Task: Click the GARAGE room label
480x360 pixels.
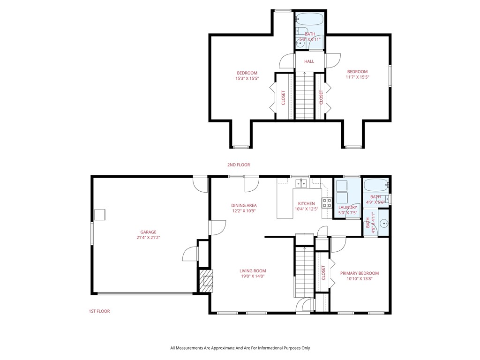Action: (148, 232)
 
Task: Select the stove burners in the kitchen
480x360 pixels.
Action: (327, 203)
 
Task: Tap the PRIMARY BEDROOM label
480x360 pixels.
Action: (360, 273)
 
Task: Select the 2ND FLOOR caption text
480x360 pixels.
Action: (239, 165)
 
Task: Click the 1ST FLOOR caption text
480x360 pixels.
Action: (99, 311)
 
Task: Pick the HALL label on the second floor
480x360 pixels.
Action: (309, 61)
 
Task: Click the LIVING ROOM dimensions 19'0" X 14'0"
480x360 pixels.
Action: (253, 277)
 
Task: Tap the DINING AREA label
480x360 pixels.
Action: (244, 205)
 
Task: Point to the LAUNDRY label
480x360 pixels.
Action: (348, 207)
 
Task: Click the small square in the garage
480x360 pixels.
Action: (100, 214)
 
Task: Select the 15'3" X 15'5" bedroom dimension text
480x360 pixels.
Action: (247, 79)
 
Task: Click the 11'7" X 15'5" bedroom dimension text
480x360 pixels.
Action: (358, 77)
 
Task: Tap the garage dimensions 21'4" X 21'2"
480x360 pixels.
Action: (148, 238)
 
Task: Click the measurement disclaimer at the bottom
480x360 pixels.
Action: (240, 348)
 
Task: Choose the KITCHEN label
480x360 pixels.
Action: (307, 203)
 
